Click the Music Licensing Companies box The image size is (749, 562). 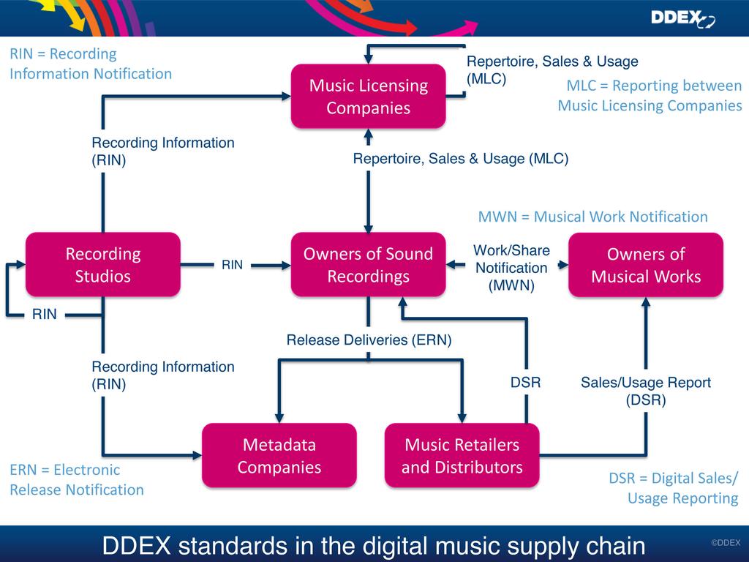tap(368, 97)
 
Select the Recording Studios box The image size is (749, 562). tap(103, 265)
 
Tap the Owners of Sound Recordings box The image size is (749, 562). tap(368, 265)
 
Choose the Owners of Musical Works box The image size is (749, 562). tap(646, 265)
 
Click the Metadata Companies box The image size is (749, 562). tap(279, 455)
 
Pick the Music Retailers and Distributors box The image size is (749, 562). tap(462, 455)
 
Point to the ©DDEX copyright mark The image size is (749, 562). tap(726, 542)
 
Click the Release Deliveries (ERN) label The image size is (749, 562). tap(369, 340)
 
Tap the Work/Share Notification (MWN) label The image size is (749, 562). tap(511, 269)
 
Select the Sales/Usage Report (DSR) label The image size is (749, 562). tap(646, 391)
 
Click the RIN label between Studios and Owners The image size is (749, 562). tap(232, 265)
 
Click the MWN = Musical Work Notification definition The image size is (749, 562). tap(592, 217)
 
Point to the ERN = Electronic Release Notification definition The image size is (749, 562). tap(76, 479)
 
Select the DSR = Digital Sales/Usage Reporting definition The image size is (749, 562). tap(673, 488)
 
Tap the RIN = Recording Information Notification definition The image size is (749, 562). tap(90, 64)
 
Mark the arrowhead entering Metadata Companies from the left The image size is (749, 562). tap(197, 455)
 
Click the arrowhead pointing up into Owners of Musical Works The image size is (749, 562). tap(646, 303)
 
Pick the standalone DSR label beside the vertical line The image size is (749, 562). tap(525, 382)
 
